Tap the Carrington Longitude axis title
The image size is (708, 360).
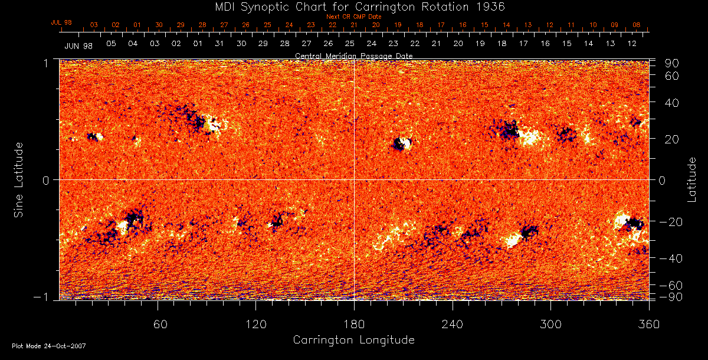coord(353,339)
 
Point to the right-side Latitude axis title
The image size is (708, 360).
coord(692,179)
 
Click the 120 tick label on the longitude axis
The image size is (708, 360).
coord(256,324)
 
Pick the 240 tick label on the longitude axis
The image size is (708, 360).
coord(453,324)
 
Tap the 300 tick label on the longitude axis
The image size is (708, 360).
coord(550,324)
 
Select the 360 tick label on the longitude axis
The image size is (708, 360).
coord(649,324)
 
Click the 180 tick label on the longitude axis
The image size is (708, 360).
coord(354,324)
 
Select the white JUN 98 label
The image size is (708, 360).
coord(78,45)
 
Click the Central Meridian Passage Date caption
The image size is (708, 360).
coord(353,55)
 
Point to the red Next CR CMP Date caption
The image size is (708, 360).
coord(353,17)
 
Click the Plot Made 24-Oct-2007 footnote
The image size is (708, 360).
coord(48,346)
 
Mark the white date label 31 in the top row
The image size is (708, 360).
coord(219,44)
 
